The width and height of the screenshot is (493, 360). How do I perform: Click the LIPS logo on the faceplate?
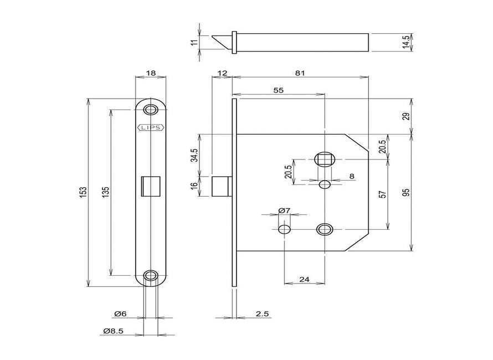(151, 127)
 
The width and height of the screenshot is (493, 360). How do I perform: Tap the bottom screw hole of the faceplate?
(151, 275)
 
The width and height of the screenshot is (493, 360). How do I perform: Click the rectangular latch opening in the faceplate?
(151, 186)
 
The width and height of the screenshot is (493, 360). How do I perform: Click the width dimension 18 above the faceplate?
(151, 73)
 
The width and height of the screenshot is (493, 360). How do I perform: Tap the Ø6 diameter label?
(120, 314)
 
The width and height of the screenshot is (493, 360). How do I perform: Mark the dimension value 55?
(279, 90)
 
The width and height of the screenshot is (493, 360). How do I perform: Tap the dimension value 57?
(382, 194)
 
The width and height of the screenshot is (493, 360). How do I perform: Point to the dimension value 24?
(304, 280)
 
